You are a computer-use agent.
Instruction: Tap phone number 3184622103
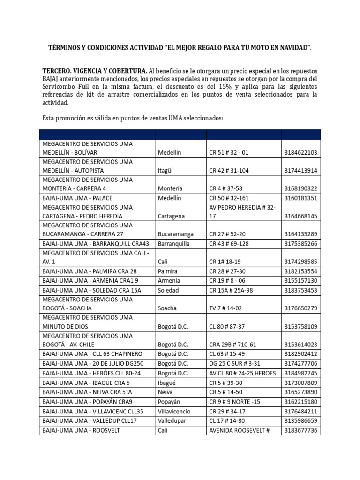click(x=300, y=152)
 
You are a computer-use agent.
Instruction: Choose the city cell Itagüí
click(x=165, y=171)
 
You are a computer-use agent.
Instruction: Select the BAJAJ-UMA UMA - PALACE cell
click(x=77, y=198)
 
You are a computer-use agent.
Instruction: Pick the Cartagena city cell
click(x=171, y=216)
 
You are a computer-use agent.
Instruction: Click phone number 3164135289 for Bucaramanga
click(x=300, y=234)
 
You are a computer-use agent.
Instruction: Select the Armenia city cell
click(x=169, y=280)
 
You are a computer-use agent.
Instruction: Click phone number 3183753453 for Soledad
click(x=300, y=290)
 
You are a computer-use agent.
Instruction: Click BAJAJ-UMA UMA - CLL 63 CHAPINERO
click(x=92, y=353)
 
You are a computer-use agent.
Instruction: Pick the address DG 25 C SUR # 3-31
click(x=238, y=363)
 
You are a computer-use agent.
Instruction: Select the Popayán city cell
click(x=170, y=402)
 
